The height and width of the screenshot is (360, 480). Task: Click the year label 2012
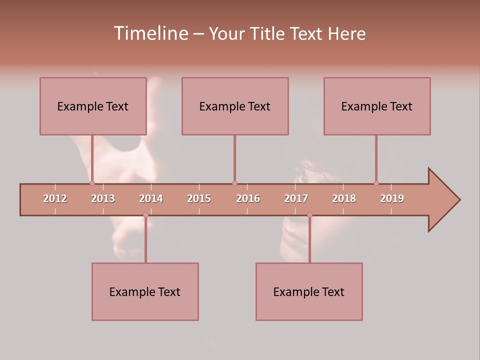click(55, 198)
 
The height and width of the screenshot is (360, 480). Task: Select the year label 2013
click(103, 198)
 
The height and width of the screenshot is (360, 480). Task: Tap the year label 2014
click(151, 198)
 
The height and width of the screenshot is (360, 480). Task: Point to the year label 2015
click(199, 198)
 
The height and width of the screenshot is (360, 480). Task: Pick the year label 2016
click(248, 198)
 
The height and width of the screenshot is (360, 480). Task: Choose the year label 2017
click(296, 198)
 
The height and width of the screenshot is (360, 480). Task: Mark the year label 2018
click(344, 198)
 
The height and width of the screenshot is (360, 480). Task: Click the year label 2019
click(392, 198)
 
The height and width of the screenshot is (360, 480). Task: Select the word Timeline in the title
click(150, 33)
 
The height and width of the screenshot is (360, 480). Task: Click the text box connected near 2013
click(93, 106)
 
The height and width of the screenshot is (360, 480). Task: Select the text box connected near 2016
click(235, 106)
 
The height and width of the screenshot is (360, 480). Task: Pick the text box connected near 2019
click(377, 106)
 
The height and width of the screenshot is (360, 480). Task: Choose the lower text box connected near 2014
click(145, 291)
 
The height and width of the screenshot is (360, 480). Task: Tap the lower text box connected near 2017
click(309, 291)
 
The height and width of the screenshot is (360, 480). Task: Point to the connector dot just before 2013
click(92, 183)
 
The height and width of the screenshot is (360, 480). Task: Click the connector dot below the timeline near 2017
click(309, 215)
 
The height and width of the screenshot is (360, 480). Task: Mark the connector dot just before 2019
click(376, 183)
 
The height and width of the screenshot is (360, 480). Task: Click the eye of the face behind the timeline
click(302, 178)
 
